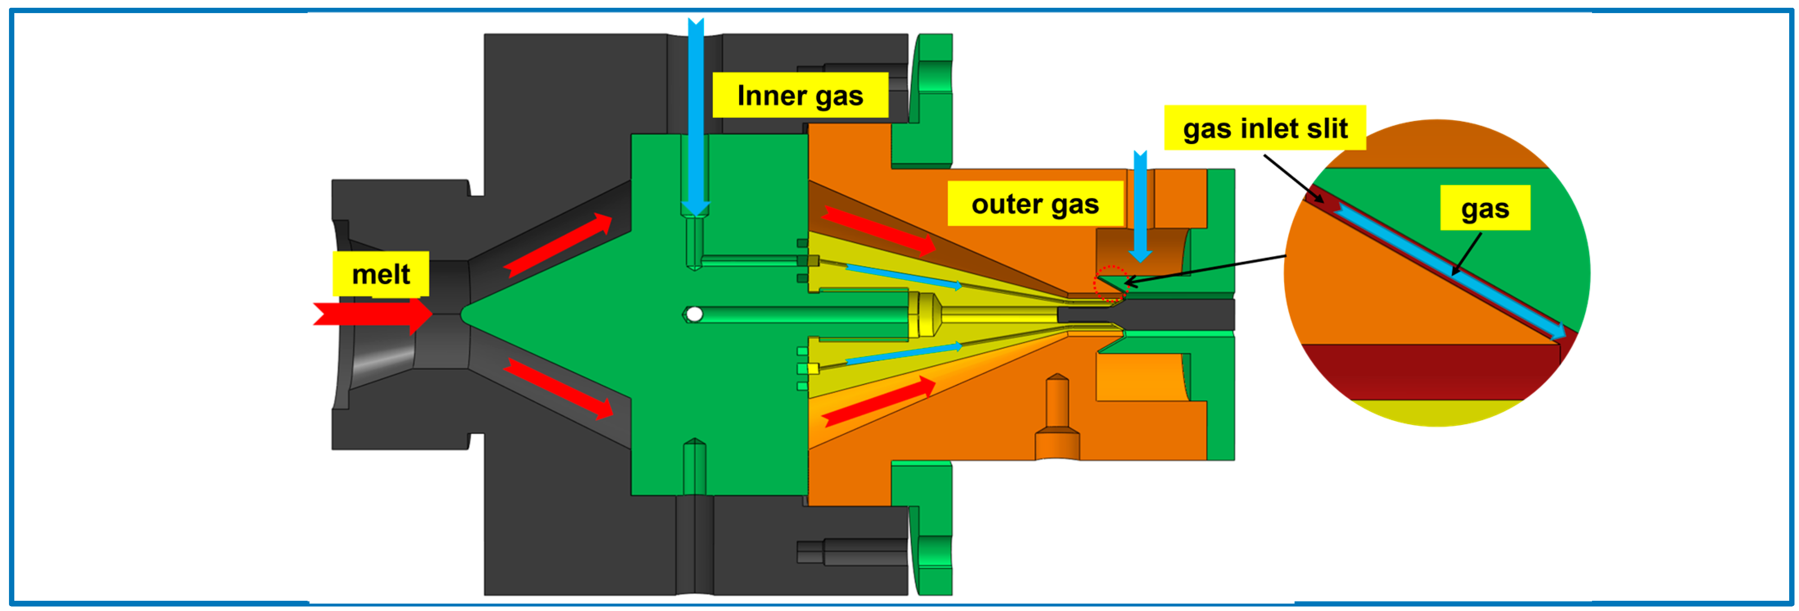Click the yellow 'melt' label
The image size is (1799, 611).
pos(380,274)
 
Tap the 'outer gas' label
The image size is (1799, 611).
pos(1034,204)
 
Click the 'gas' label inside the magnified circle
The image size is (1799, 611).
pos(1485,208)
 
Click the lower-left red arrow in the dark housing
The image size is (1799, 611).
pos(559,388)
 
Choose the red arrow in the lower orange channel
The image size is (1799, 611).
pos(879,401)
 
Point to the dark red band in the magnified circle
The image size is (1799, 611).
pos(1432,371)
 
